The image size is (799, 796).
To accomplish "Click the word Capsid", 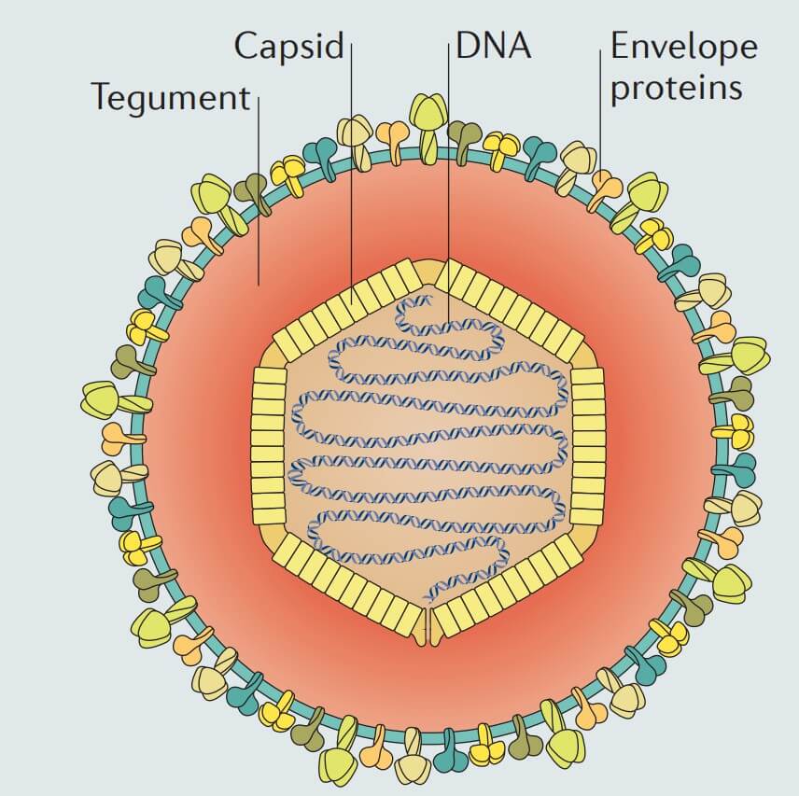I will (288, 45).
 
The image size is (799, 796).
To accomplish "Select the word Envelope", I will (683, 46).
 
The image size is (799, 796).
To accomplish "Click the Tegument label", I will (171, 96).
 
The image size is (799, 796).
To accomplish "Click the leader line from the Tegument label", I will (258, 187).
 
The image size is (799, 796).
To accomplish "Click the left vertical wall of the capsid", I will (269, 445).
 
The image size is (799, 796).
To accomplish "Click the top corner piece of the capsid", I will (428, 271).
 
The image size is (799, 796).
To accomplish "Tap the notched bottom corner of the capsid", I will (428, 627).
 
